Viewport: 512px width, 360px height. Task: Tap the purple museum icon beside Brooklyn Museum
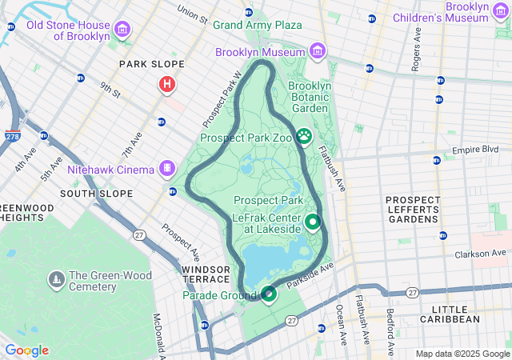click(318, 52)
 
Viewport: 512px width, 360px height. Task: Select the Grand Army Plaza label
click(257, 25)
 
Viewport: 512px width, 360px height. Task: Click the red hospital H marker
click(167, 84)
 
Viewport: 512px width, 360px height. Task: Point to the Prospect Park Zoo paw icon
click(304, 137)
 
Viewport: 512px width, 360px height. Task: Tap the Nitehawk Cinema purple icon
click(166, 169)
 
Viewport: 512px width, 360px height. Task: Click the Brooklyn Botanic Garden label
click(309, 97)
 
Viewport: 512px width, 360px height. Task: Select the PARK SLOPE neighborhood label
click(151, 64)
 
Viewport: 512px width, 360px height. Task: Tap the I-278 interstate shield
click(13, 137)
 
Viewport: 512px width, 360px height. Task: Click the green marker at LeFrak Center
click(313, 222)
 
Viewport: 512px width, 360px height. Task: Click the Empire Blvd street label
click(474, 150)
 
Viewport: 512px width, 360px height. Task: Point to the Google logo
click(26, 350)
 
